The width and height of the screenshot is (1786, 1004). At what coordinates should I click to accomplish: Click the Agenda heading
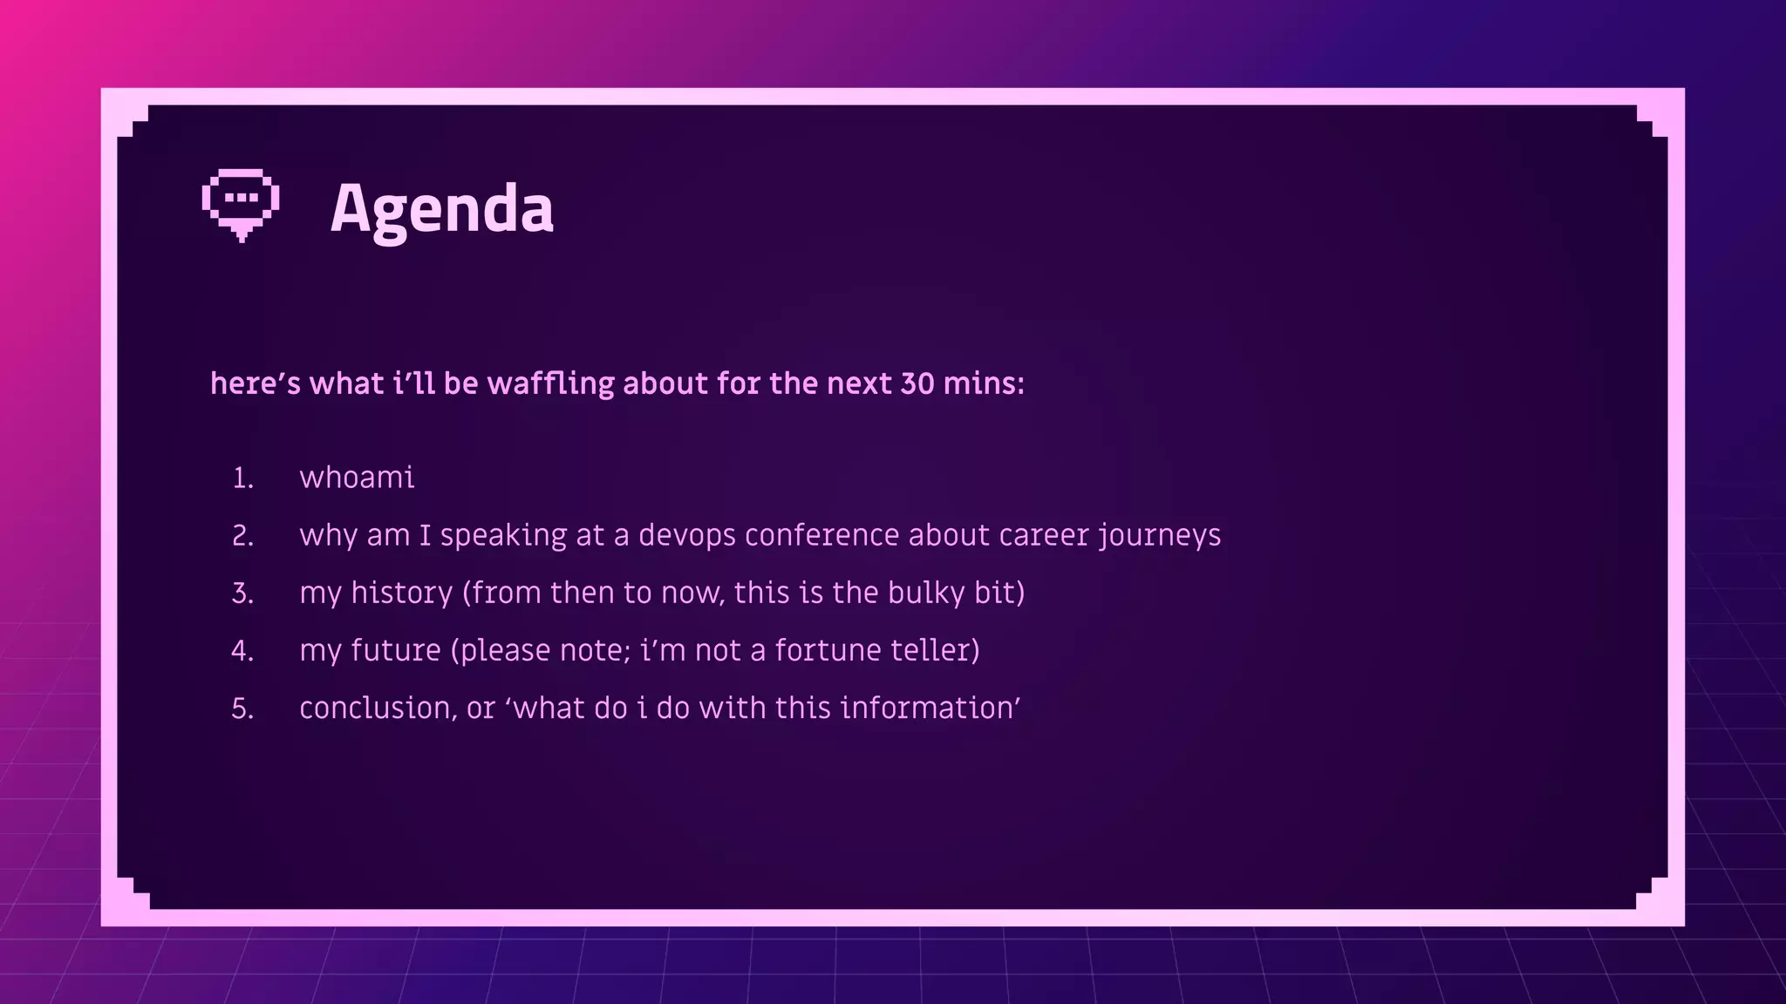coord(441,209)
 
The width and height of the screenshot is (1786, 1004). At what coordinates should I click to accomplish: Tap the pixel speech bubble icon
coord(241,204)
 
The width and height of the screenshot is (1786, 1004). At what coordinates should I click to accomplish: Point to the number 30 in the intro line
coord(917,383)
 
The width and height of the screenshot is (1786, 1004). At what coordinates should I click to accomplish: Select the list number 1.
coord(242,478)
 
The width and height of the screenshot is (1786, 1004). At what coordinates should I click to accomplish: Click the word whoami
coord(357,478)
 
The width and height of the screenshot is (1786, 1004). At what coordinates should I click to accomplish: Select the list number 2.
coord(242,536)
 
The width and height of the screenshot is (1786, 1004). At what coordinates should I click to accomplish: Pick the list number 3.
coord(242,594)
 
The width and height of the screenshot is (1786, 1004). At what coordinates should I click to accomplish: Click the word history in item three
coord(401,593)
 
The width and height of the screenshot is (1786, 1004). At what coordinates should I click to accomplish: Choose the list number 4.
coord(242,651)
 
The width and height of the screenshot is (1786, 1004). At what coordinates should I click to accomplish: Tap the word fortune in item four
coord(828,650)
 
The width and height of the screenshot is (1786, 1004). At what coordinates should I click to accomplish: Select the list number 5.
coord(242,709)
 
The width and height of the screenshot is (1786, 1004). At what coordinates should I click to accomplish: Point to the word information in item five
coord(928,708)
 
